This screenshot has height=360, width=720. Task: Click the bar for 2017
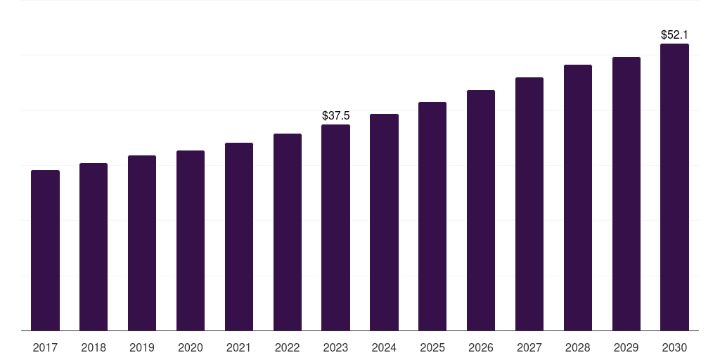coord(45,250)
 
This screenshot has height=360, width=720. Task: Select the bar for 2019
coord(142,243)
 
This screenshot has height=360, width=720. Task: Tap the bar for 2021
coord(239,236)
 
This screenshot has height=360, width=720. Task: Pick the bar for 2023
coord(335,227)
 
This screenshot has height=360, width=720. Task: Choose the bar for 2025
coord(432,216)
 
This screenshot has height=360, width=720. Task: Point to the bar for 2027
coord(529,204)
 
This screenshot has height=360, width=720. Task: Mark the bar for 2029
coord(626,193)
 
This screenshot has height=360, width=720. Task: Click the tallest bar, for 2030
coord(674,187)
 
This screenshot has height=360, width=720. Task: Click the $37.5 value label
coord(335,115)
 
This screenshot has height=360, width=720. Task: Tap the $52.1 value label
coord(674,34)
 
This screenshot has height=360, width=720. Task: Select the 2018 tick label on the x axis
coord(94,347)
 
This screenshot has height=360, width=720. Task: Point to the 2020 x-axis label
coord(191,347)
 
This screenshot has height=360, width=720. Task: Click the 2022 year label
coord(288,347)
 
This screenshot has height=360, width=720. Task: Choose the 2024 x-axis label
coord(384,347)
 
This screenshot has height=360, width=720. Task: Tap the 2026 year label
coord(481,347)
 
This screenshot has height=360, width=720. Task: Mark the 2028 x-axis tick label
coord(578,347)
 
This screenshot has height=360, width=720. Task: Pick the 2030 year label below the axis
coord(674,347)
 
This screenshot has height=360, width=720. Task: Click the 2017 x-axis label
coord(45,347)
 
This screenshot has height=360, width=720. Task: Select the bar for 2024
coord(384,222)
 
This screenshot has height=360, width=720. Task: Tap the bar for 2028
coord(578,198)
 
